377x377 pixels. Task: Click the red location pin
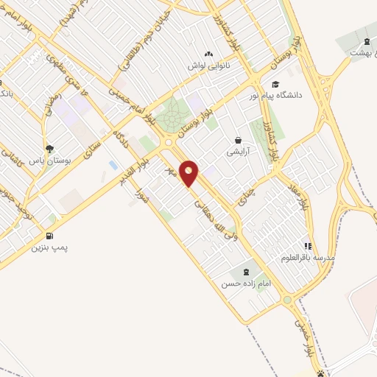(189, 173)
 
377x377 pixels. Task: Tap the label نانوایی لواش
(208, 66)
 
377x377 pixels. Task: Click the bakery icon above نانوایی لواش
(208, 54)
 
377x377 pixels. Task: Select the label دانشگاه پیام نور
(299, 95)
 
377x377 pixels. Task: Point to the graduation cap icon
(275, 84)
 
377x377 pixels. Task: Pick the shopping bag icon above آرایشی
(237, 139)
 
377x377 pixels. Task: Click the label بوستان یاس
(48, 159)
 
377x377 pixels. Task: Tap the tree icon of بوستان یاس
(49, 148)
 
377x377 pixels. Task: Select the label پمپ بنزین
(49, 247)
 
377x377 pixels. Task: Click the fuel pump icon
(49, 236)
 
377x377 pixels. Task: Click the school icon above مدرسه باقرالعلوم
(308, 247)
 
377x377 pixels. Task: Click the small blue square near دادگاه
(112, 163)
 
